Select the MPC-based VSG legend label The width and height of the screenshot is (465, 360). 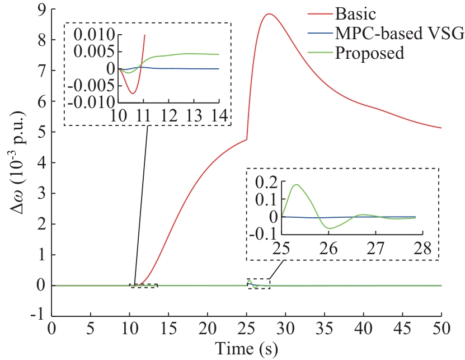(x=399, y=34)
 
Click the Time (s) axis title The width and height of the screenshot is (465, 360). (x=246, y=348)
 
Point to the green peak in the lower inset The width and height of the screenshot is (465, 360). (x=297, y=185)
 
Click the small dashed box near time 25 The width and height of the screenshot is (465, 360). (x=259, y=284)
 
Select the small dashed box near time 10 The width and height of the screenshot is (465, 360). (x=144, y=286)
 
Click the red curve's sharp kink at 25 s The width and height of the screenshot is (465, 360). (x=247, y=139)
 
